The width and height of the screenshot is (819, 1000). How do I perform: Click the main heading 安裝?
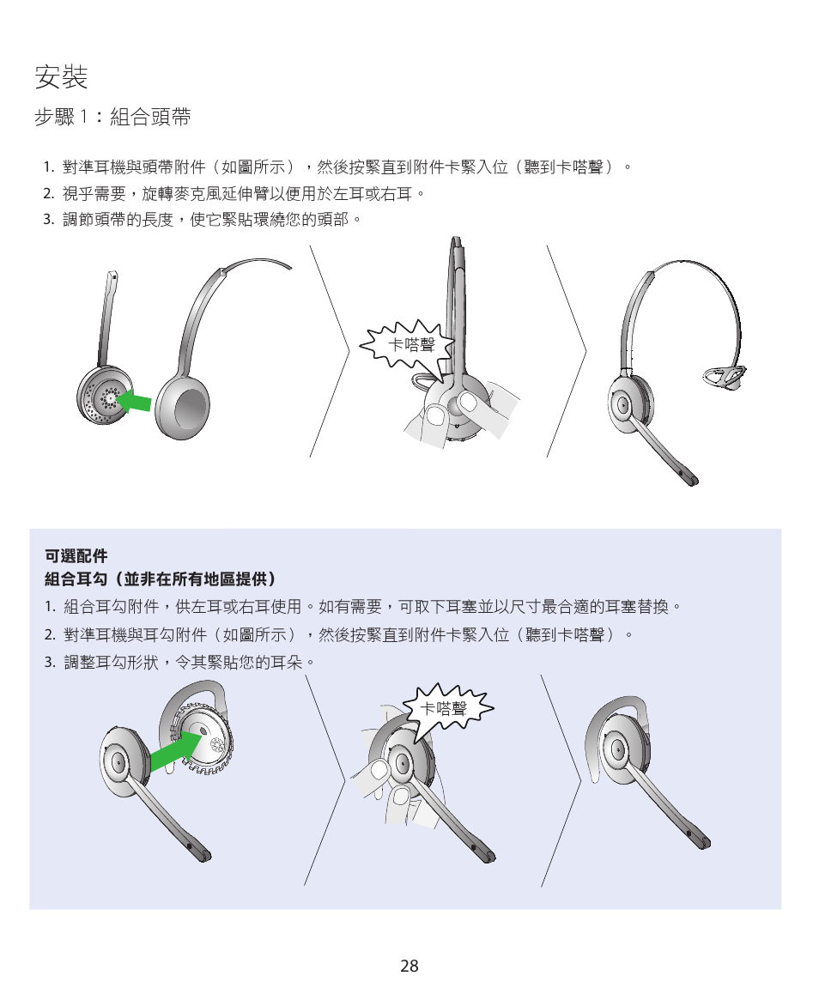point(61,78)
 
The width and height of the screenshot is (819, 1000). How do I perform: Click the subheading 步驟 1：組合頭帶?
point(112,118)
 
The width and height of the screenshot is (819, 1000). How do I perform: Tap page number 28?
point(409,966)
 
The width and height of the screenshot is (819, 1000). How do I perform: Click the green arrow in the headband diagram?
point(134,400)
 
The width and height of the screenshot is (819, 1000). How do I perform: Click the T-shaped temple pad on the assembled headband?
point(726,373)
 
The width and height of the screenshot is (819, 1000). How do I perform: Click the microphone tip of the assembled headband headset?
point(688,477)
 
